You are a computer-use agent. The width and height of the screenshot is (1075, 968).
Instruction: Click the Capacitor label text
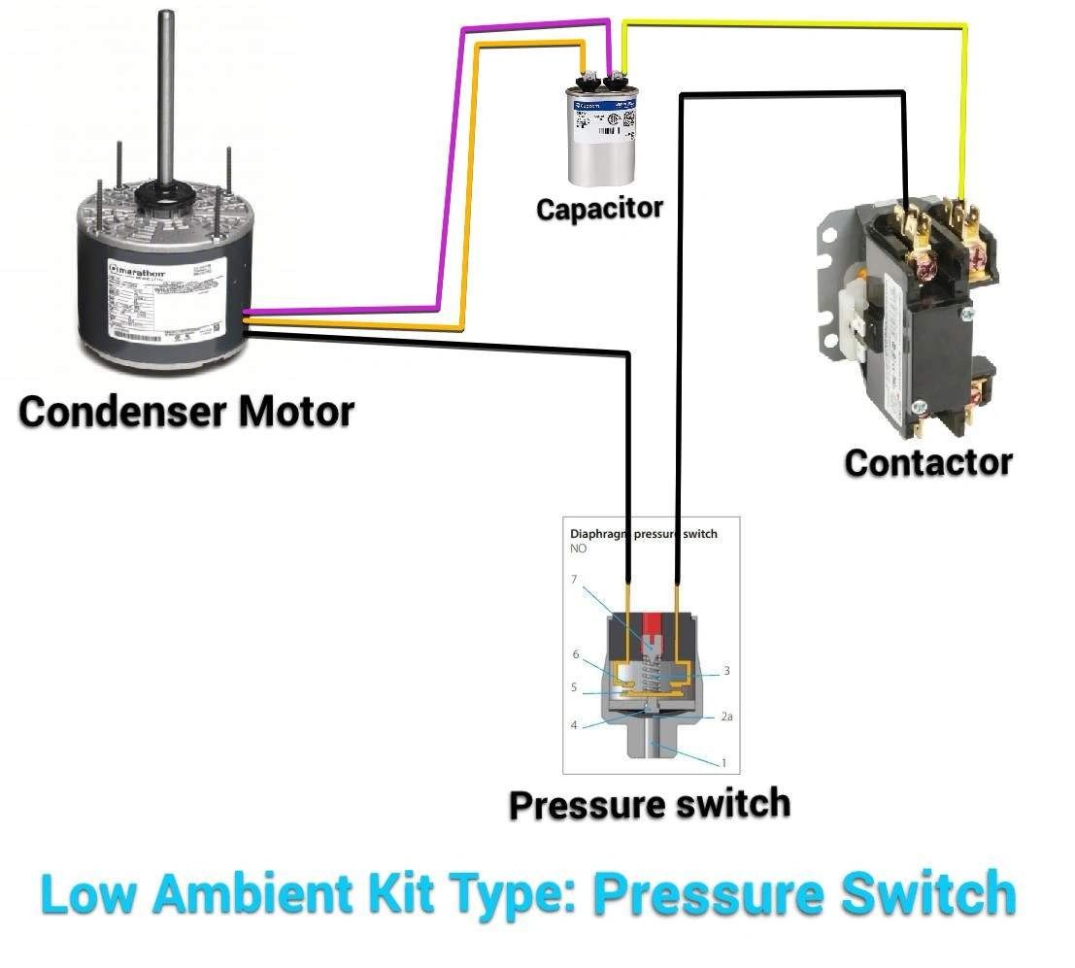[x=599, y=208]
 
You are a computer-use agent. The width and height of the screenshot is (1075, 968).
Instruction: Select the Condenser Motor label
[x=186, y=412]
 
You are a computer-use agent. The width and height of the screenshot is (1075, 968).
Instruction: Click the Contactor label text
[x=927, y=462]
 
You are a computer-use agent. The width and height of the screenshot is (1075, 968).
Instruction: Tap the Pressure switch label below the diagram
[x=650, y=804]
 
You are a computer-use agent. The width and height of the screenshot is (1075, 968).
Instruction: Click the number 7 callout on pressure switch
[x=574, y=580]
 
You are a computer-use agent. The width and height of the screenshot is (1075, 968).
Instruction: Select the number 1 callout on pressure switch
[x=723, y=763]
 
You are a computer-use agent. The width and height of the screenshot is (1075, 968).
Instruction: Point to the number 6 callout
[x=575, y=654]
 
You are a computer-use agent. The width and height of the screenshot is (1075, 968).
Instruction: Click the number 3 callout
[x=725, y=671]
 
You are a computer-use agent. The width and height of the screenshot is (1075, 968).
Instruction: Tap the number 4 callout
[x=574, y=725]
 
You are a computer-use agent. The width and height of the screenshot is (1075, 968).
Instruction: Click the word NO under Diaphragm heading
[x=579, y=549]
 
